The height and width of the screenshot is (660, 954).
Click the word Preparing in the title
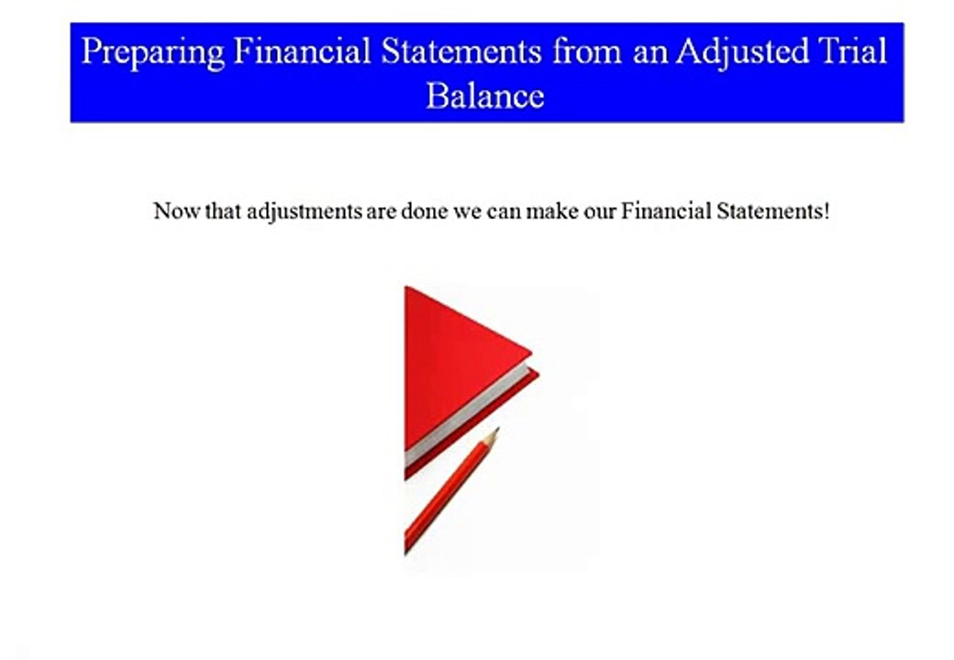pos(151,51)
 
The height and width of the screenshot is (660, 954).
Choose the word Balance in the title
pos(484,95)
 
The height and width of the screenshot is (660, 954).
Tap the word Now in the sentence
pos(172,212)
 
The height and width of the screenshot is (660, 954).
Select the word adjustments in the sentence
pos(304,213)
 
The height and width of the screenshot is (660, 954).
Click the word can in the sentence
pos(504,212)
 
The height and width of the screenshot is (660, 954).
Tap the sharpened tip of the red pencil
pos(494,433)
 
